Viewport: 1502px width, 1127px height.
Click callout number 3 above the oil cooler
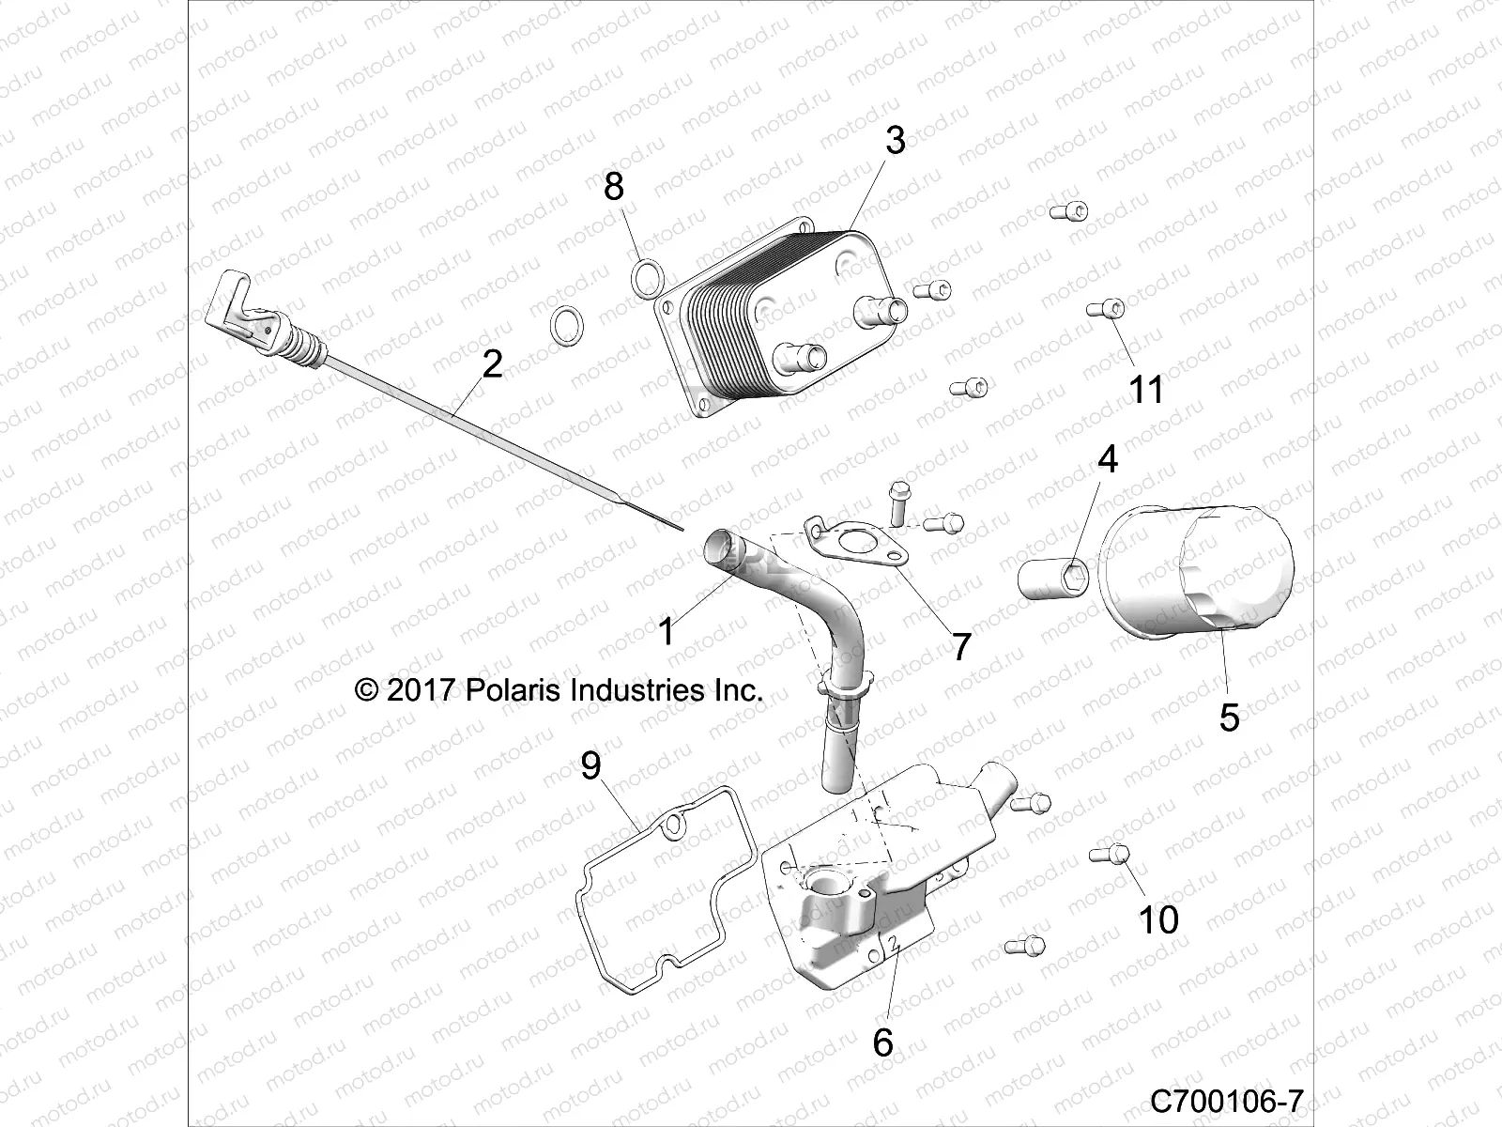[x=895, y=141]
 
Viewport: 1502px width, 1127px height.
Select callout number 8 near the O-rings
[x=613, y=187]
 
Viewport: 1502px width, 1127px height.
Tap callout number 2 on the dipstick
[x=492, y=364]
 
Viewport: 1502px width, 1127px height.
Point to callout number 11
[x=1145, y=389]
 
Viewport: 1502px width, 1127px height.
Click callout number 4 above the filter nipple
[x=1108, y=460]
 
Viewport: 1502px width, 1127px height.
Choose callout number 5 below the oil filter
[x=1229, y=718]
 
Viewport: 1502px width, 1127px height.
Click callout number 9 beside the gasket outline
[x=590, y=766]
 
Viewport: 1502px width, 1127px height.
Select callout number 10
[x=1157, y=919]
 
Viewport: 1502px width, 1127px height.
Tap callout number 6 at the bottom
[x=882, y=1042]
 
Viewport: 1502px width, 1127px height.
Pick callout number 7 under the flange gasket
[x=960, y=647]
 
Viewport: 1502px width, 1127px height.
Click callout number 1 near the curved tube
[x=667, y=632]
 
